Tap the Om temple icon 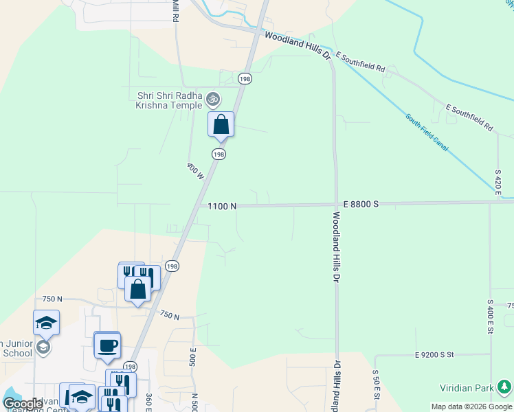tap(213, 100)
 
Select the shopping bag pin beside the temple tap(221, 125)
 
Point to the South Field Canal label tap(427, 130)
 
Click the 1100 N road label tap(223, 206)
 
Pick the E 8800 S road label tap(360, 205)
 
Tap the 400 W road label tap(195, 171)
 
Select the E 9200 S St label tap(435, 355)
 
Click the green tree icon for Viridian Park tap(506, 387)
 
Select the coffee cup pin tap(107, 345)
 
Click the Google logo tap(23, 404)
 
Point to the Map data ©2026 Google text tap(471, 407)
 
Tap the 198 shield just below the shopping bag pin tap(219, 154)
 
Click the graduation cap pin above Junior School tap(46, 323)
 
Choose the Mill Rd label tap(175, 10)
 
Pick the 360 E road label tap(148, 401)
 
